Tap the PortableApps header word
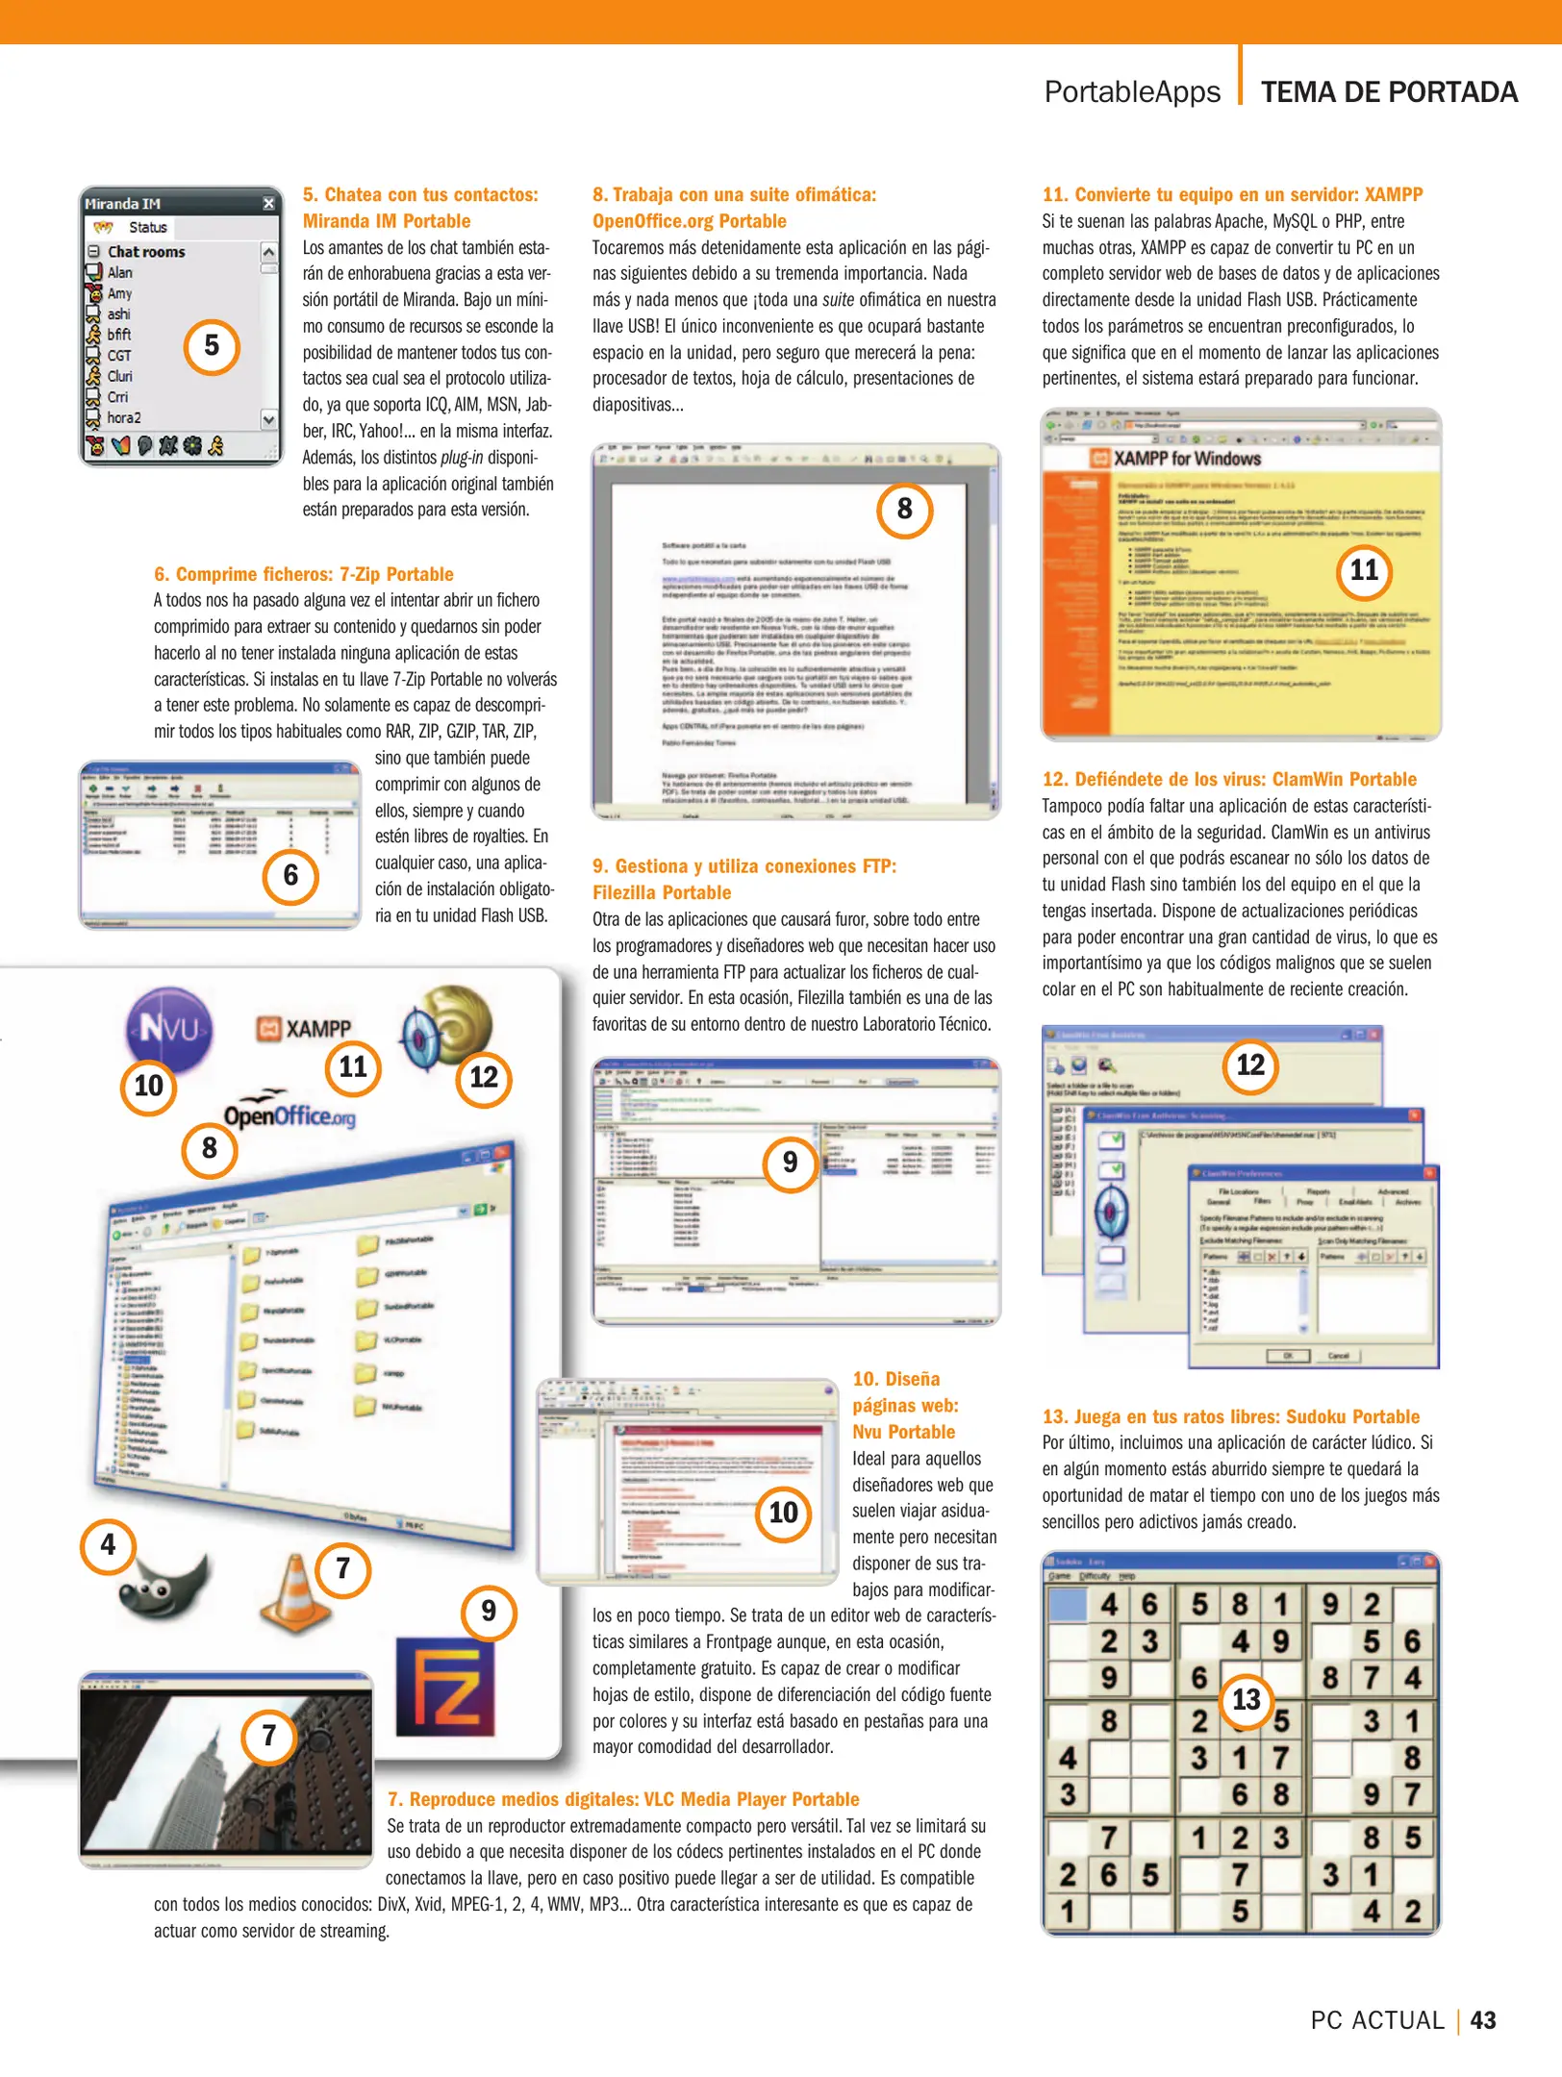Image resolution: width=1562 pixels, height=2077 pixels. [1131, 92]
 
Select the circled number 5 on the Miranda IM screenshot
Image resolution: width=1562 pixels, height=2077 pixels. [212, 346]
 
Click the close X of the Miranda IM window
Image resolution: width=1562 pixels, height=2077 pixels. [268, 204]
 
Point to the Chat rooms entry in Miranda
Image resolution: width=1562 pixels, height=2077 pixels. [146, 252]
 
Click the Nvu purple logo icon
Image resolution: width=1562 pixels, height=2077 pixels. [169, 1029]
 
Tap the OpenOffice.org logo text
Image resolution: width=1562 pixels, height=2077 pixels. [290, 1114]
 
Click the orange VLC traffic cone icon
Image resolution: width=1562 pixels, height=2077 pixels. [294, 1593]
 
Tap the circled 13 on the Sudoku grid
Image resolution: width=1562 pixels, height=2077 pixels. [1246, 1700]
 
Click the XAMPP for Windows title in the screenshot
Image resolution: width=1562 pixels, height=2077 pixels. [1186, 459]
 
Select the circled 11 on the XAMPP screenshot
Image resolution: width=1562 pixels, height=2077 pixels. [1364, 571]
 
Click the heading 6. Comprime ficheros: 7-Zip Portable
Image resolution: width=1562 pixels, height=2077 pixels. [303, 574]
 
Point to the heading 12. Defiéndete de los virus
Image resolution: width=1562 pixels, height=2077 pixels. [1228, 779]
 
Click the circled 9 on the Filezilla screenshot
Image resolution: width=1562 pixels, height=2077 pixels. [790, 1163]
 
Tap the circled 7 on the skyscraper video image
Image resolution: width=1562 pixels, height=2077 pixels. [269, 1736]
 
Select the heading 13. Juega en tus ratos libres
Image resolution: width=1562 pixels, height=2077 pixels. [1230, 1416]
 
